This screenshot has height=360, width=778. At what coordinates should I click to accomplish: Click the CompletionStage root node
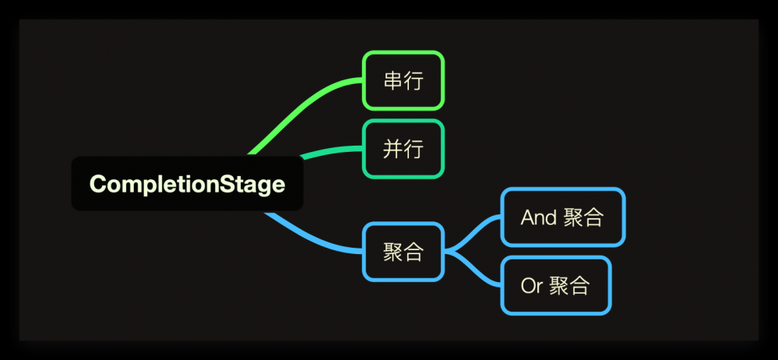187,184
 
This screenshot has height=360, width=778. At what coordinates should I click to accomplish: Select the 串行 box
403,80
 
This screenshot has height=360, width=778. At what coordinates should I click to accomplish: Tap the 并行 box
403,149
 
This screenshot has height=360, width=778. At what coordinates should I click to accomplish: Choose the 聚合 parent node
403,252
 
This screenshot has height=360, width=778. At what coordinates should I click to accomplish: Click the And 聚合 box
562,217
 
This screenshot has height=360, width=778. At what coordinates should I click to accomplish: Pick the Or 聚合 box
554,286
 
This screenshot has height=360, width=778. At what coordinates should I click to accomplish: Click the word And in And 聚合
538,217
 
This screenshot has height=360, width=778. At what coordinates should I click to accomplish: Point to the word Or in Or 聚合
531,286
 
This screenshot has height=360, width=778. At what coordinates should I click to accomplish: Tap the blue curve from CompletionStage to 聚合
312,238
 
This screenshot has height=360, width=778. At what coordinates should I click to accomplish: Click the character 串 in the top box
393,80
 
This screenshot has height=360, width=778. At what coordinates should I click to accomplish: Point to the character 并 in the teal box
393,149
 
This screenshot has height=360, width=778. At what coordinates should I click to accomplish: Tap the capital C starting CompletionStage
97,185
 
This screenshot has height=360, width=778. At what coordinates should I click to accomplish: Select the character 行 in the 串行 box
414,80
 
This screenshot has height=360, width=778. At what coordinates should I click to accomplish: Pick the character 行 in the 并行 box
414,149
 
